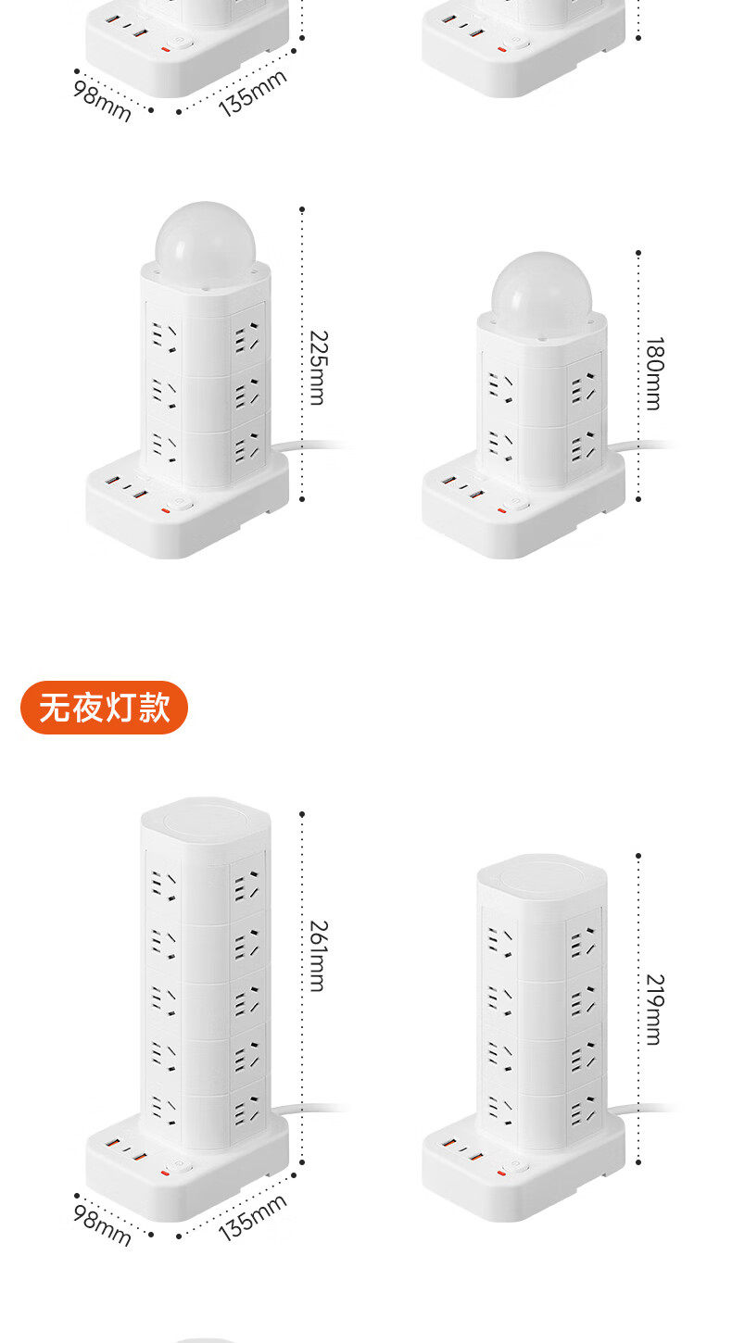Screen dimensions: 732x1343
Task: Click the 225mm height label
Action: coord(316,367)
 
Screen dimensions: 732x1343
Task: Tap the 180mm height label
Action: coord(653,373)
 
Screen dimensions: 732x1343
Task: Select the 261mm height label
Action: coord(316,955)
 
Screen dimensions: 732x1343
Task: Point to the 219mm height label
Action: coord(653,1009)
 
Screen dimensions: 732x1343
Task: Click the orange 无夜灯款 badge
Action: coord(104,708)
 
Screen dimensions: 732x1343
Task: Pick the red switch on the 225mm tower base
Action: coord(167,508)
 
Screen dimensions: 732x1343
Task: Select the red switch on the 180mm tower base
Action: coord(502,509)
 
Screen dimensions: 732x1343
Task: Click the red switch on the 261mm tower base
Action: coord(167,1172)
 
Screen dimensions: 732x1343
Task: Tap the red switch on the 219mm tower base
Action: coord(502,1173)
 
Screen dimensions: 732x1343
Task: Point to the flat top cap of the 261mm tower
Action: coord(205,816)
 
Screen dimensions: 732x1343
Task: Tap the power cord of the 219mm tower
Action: coord(649,1109)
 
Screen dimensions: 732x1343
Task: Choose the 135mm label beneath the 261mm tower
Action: coord(252,1216)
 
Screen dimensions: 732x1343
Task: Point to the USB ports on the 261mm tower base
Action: coord(125,1151)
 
